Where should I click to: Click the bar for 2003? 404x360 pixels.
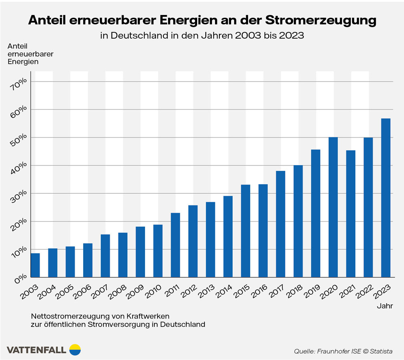[36, 265]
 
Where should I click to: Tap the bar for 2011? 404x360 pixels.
[175, 245]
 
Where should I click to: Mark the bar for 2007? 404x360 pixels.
[105, 255]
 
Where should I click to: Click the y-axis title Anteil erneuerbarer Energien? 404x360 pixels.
[25, 54]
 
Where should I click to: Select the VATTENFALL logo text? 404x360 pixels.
[36, 349]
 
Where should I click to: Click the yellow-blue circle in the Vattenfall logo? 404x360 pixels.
[75, 349]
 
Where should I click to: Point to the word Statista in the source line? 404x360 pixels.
[381, 351]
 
